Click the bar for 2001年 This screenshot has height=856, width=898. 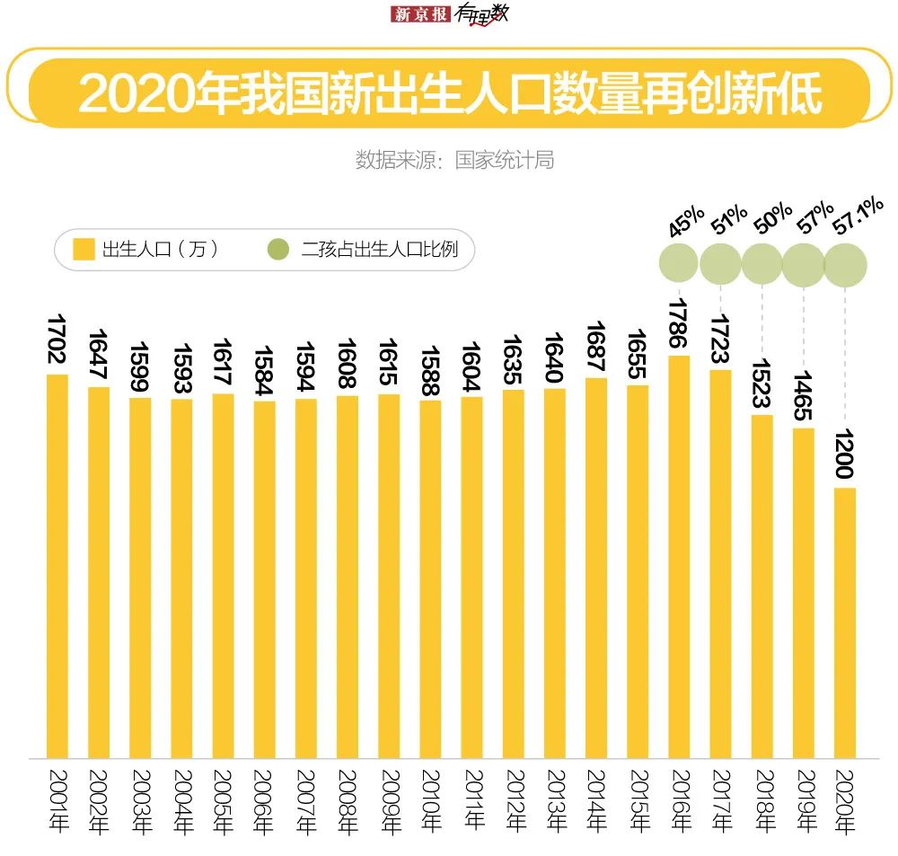pos(57,566)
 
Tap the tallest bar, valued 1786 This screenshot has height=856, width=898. pos(680,557)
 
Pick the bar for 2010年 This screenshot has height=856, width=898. pos(430,579)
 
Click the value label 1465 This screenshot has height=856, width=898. pos(805,394)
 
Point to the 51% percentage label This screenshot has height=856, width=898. pos(728,218)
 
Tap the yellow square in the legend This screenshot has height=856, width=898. pos(84,249)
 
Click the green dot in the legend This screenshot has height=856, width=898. pos(280,249)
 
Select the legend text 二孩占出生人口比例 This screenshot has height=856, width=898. pos(380,249)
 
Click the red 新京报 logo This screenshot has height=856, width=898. pos(420,14)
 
